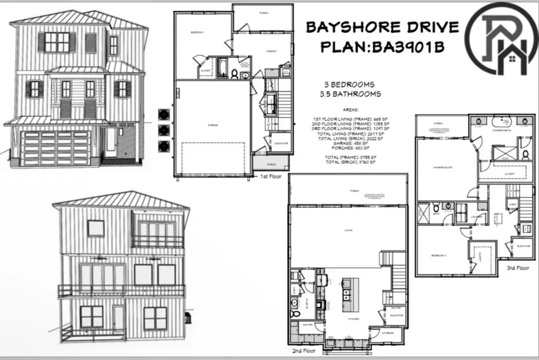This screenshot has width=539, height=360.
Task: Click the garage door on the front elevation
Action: [55, 148]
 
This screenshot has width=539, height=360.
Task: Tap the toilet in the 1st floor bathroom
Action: [234, 74]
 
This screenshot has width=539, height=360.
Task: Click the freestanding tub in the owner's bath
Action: [501, 122]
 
